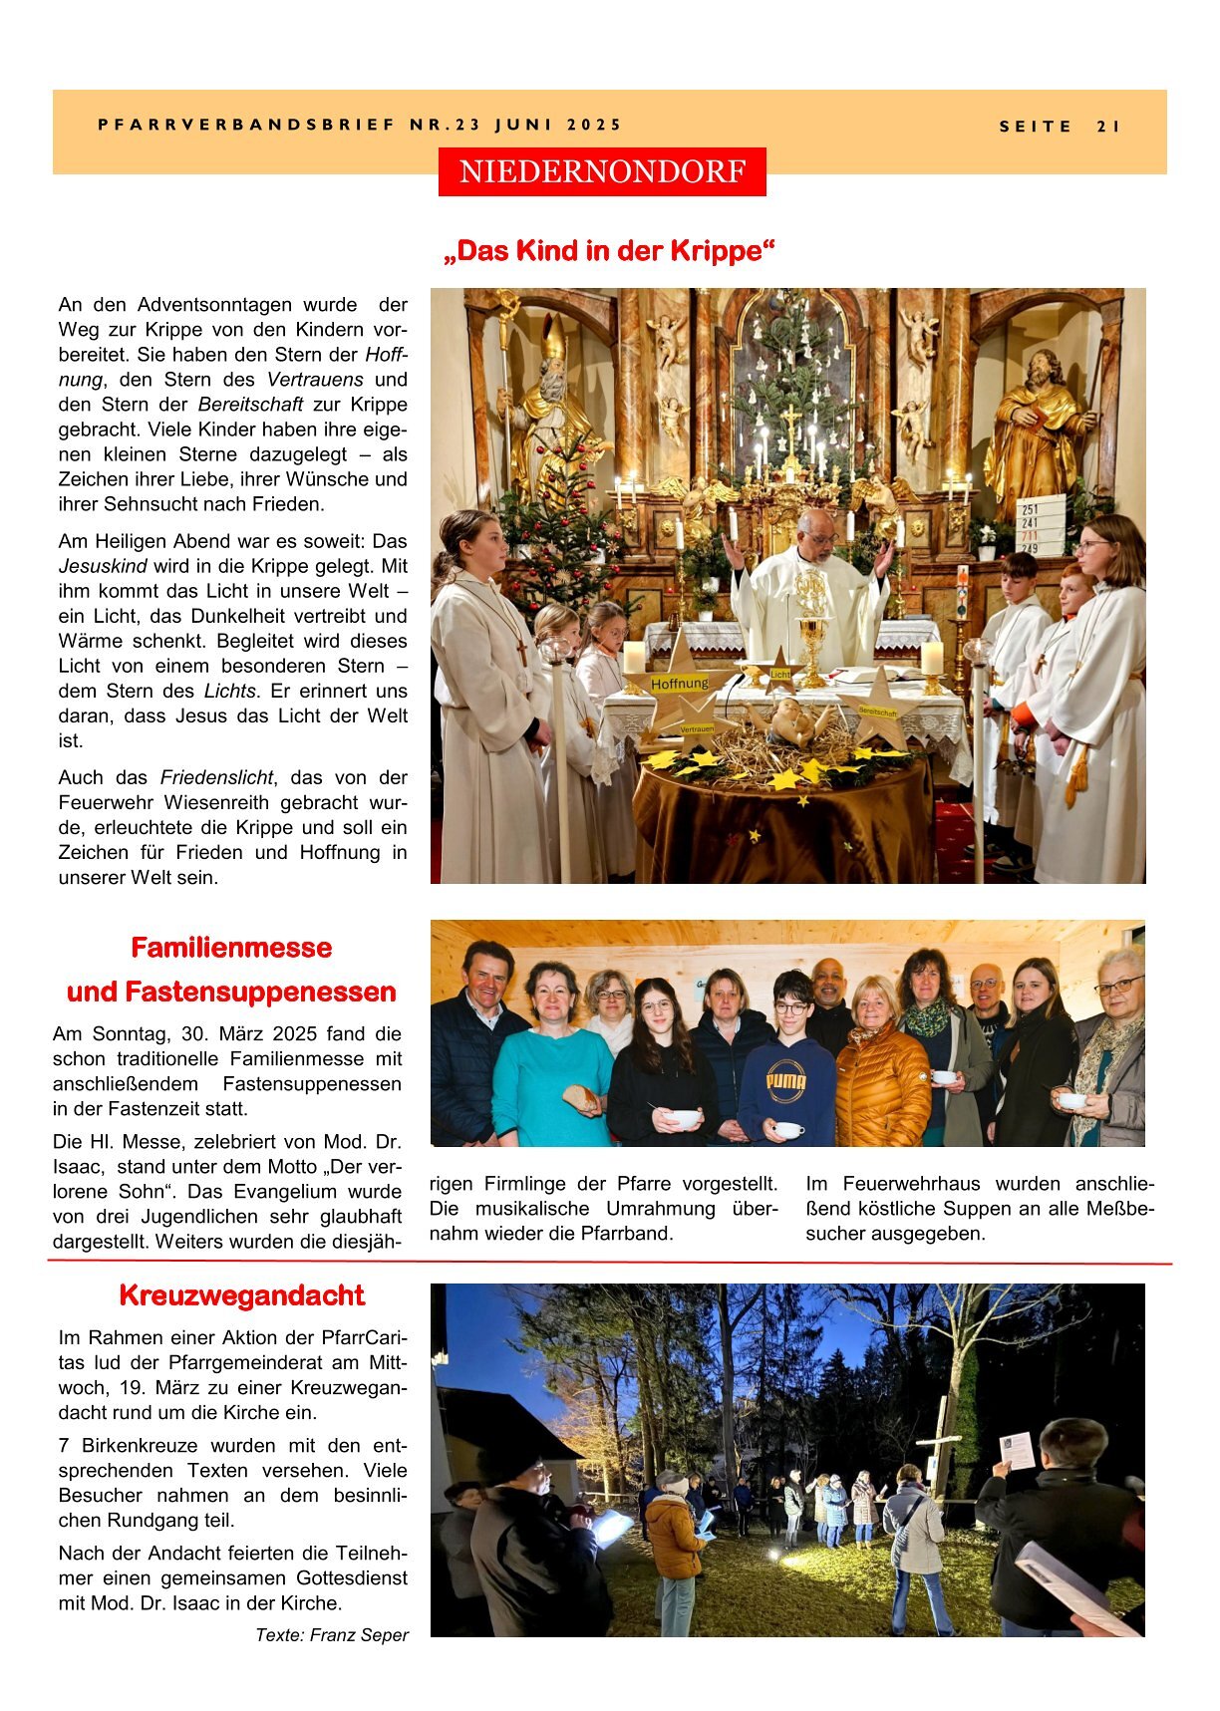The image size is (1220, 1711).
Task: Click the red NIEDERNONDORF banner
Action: pos(602,171)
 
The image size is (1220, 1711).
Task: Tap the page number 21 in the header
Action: pos(1108,127)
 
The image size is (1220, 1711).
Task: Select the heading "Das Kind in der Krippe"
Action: pos(609,250)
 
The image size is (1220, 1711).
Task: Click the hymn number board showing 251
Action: pos(1040,525)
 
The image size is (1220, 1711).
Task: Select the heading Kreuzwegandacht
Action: pos(241,1294)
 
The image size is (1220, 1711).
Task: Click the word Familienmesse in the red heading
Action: pos(231,947)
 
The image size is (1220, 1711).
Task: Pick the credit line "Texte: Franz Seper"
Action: pos(332,1634)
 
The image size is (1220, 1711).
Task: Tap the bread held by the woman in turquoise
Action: pos(580,1097)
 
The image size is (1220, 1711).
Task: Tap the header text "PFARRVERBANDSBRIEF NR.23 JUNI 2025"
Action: pos(360,125)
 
